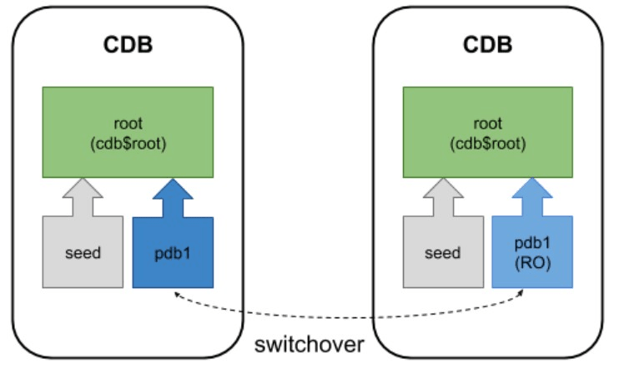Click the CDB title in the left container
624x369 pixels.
point(128,44)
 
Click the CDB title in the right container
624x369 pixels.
point(488,44)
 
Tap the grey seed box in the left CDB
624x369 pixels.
point(83,251)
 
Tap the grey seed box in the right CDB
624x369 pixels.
point(444,251)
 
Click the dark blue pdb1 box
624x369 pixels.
point(173,251)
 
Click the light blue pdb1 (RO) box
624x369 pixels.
point(532,251)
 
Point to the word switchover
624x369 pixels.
point(309,344)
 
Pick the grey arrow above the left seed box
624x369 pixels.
point(83,197)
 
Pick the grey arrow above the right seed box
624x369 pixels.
point(444,197)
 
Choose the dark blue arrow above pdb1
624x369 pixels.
point(173,197)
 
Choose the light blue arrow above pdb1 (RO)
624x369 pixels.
point(532,197)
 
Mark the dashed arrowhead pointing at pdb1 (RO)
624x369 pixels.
point(524,293)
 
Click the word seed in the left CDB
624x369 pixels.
point(83,251)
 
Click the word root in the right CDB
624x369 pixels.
point(488,123)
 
